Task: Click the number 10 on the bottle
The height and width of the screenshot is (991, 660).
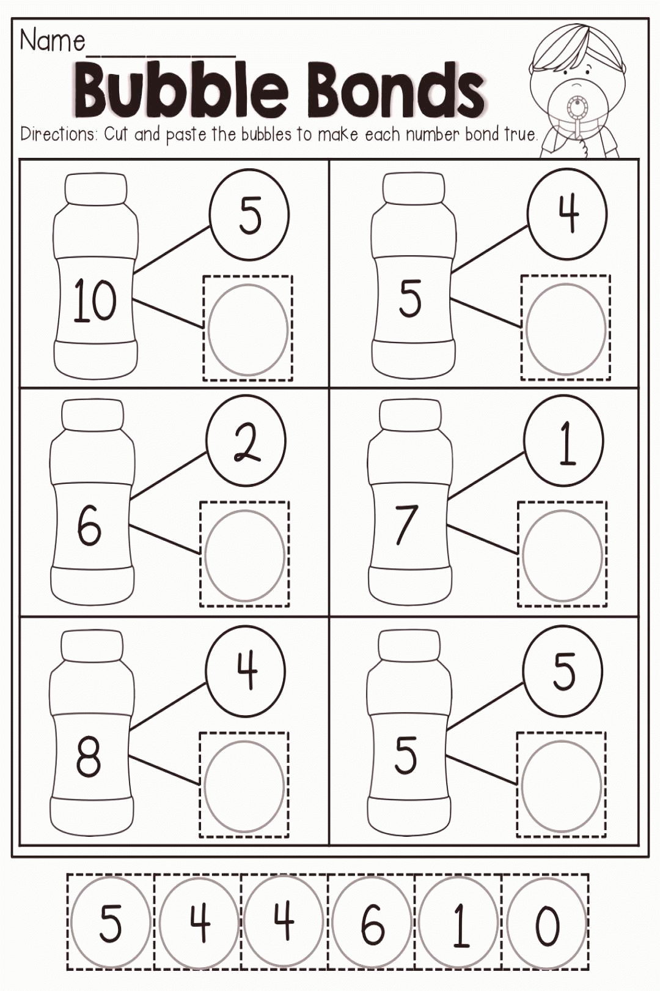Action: coord(95,301)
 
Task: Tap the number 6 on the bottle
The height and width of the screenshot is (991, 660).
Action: coord(89,526)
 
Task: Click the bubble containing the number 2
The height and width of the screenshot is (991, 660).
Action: coord(247,440)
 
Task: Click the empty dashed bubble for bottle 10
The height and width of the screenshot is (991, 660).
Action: coord(248,328)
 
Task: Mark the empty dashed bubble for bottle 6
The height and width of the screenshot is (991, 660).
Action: coord(245,554)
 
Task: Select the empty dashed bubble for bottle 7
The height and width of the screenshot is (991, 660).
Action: coord(563,554)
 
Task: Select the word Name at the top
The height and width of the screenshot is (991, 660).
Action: coord(52,41)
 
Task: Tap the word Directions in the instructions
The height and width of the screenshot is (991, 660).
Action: coord(59,134)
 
